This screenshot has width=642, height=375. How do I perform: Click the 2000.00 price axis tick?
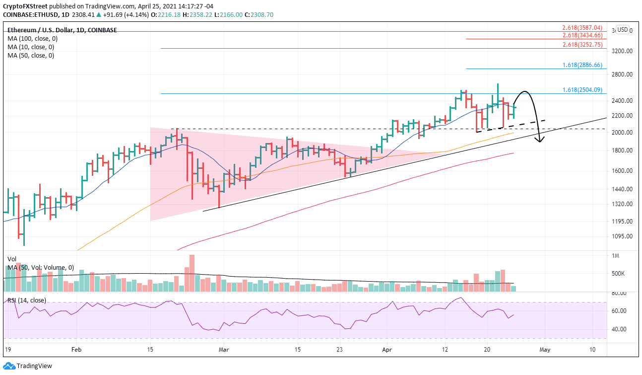623,133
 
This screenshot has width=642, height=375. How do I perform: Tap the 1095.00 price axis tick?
623,236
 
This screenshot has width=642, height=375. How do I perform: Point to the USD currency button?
622,29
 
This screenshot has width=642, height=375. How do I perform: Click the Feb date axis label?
76,350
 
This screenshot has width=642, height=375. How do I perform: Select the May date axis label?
545,350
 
